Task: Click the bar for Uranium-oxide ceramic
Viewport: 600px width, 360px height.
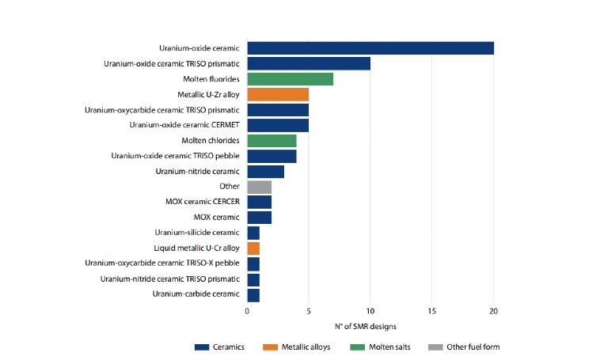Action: point(370,48)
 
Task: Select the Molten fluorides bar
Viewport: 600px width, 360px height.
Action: point(290,79)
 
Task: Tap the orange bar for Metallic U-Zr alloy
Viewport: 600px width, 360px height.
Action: point(278,94)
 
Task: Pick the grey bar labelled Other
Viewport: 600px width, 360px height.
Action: point(259,187)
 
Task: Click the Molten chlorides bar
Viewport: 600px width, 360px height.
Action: point(272,140)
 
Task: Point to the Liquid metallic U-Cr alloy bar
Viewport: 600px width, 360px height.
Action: point(253,248)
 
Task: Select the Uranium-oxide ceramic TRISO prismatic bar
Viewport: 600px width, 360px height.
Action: point(309,63)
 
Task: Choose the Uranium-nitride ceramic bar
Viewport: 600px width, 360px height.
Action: point(265,171)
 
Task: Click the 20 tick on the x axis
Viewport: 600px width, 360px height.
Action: point(494,311)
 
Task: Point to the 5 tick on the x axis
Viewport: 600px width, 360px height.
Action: point(309,311)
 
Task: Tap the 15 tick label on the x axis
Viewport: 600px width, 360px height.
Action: point(432,311)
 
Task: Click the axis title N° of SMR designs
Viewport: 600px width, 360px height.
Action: point(370,326)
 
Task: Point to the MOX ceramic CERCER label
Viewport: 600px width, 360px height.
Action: point(203,202)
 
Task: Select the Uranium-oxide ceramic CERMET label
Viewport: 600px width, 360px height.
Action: point(184,125)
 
